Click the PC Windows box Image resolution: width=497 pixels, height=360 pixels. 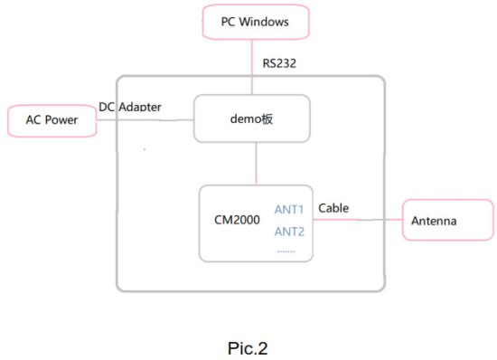tap(255, 22)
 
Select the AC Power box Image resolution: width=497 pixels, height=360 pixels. tap(51, 121)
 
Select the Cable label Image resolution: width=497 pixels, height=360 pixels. tap(333, 208)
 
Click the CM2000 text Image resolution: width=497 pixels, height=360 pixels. tap(236, 221)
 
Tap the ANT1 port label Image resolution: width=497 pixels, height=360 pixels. tap(289, 210)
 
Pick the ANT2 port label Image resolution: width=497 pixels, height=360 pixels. tap(289, 231)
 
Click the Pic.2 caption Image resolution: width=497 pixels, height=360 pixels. tap(248, 346)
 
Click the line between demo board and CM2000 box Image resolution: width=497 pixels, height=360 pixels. tap(258, 164)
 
